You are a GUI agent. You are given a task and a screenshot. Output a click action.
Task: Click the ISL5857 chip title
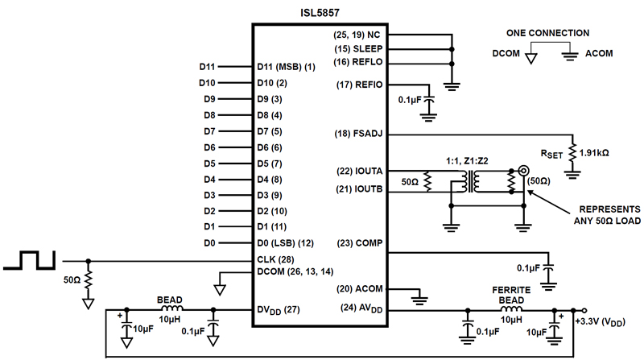point(319,10)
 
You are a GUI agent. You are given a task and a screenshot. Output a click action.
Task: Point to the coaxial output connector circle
point(523,171)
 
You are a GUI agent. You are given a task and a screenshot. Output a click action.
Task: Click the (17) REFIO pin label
point(357,85)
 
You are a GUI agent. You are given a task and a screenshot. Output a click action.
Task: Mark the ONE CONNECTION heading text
point(547,33)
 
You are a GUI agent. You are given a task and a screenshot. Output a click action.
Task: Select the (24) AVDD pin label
point(360,308)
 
